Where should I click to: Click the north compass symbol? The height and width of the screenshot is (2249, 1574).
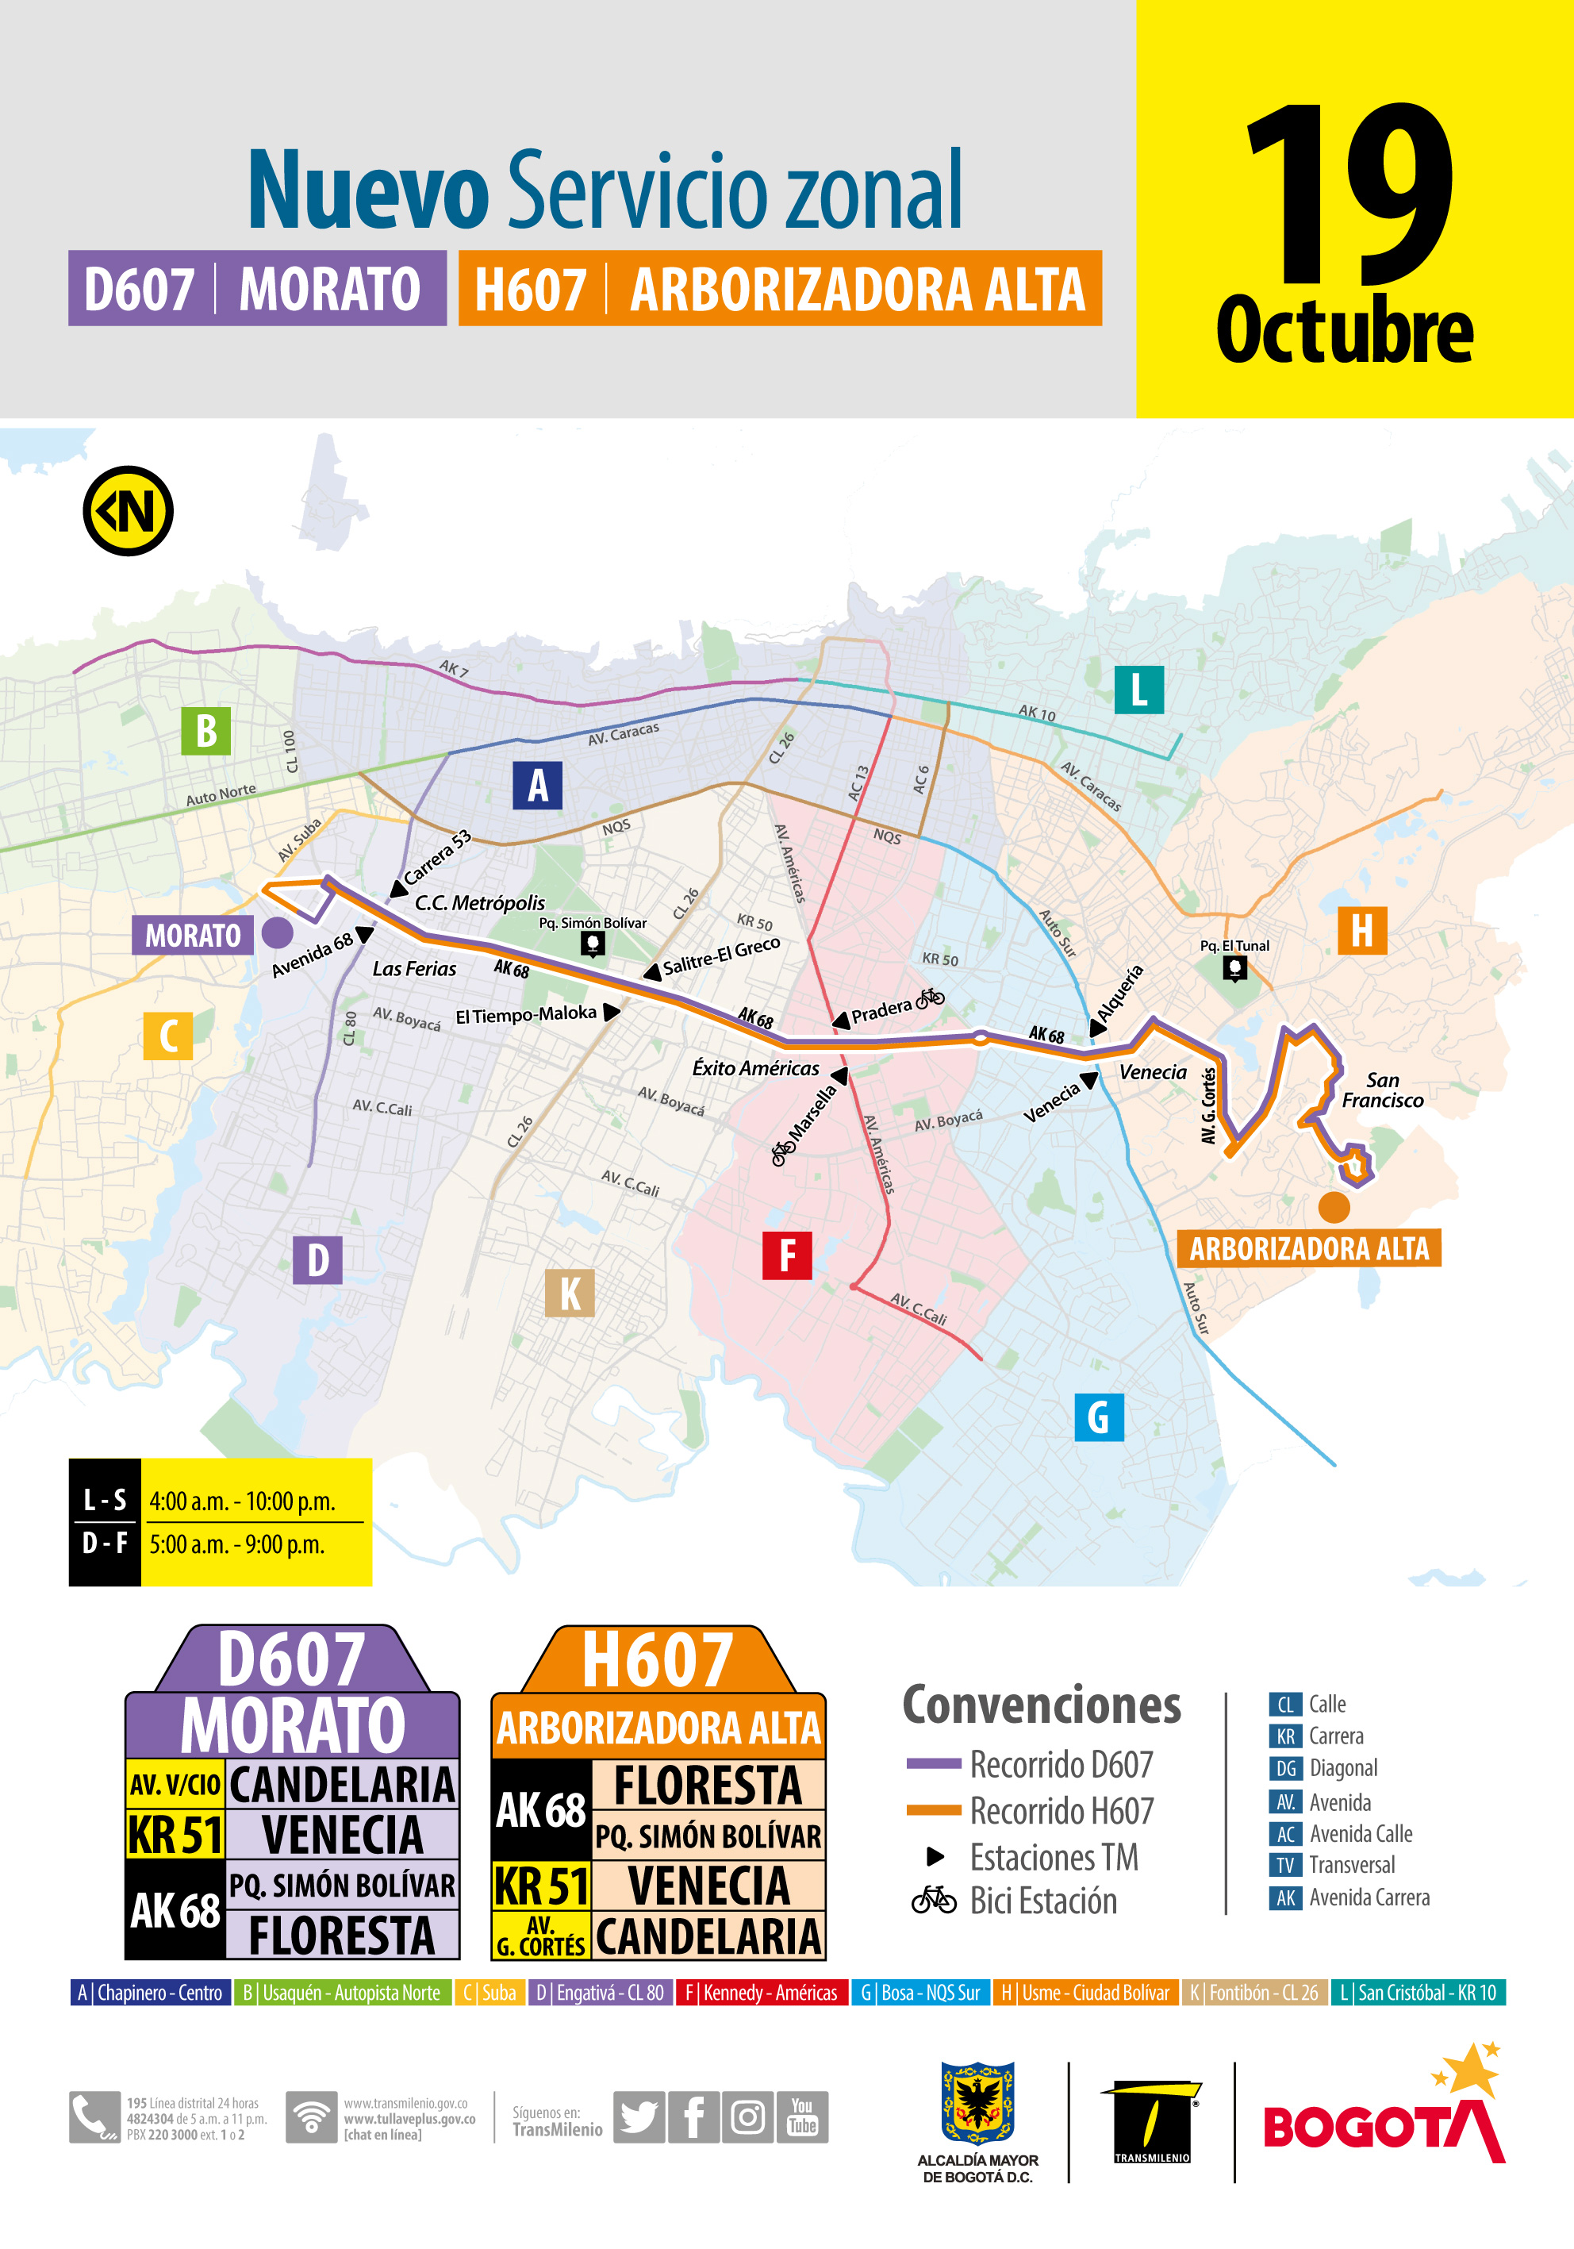(x=129, y=510)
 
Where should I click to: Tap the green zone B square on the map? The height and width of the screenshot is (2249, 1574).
(x=205, y=731)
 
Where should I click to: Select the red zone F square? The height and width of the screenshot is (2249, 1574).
(x=786, y=1255)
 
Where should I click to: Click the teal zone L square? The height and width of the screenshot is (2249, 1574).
(x=1139, y=689)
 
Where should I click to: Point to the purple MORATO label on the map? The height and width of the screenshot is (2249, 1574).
(x=193, y=936)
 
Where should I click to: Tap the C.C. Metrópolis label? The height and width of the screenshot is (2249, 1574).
(x=480, y=903)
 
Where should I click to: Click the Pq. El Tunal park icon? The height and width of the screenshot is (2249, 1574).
(x=1235, y=969)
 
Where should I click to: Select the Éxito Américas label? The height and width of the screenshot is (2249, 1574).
(x=755, y=1067)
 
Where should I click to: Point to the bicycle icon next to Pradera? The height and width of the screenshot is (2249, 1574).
(x=930, y=998)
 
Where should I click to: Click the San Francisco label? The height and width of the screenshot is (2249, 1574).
(x=1382, y=1090)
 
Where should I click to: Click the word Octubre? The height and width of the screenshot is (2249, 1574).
(x=1344, y=330)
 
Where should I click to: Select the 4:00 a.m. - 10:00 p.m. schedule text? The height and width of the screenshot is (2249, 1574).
(x=242, y=1501)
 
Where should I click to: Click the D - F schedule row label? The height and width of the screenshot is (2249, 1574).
(x=105, y=1544)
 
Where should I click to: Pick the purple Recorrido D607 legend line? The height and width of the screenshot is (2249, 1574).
(x=934, y=1764)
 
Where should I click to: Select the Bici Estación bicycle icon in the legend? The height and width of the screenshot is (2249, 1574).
(x=934, y=1901)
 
